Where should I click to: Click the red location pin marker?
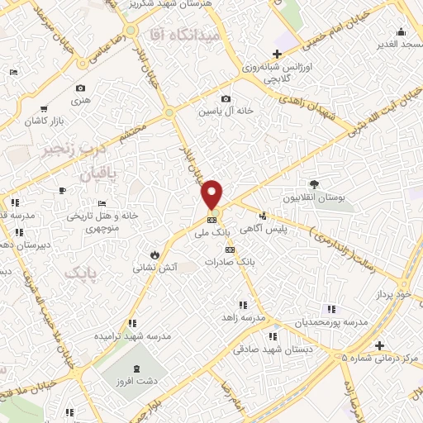click(212, 193)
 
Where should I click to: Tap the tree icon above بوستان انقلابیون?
click(314, 184)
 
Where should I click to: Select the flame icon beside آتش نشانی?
click(154, 254)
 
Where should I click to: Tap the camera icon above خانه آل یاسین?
click(225, 99)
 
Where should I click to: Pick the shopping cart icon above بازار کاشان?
click(42, 108)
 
